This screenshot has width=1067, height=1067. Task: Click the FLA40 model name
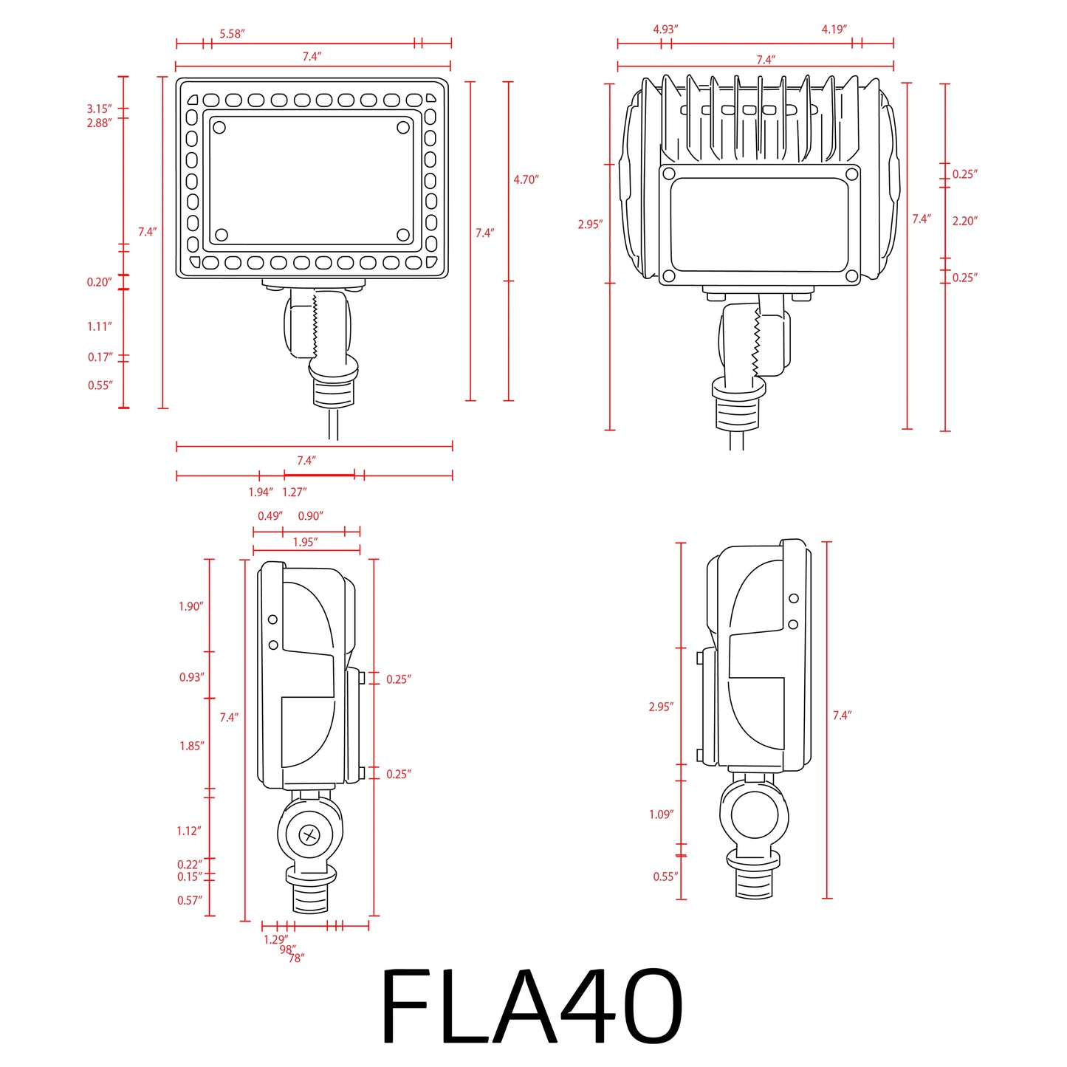click(x=531, y=1006)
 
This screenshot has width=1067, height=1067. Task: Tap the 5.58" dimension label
click(x=232, y=34)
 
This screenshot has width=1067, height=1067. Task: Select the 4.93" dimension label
click(x=665, y=30)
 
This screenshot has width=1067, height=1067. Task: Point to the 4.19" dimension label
click(x=834, y=30)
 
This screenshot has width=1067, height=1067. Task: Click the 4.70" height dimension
click(x=526, y=179)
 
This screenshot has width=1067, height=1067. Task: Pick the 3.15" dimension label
click(x=99, y=109)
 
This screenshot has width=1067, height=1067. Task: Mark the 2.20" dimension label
click(x=964, y=221)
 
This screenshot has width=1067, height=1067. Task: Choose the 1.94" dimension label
click(x=261, y=493)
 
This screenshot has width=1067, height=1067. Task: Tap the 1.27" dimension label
click(x=294, y=493)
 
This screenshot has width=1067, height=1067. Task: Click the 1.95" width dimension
click(x=305, y=542)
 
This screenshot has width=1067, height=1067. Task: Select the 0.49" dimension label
click(x=270, y=516)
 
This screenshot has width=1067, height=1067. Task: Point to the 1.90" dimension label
click(x=191, y=606)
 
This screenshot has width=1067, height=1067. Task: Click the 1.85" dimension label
click(x=191, y=746)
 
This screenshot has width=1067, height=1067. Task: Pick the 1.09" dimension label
click(x=661, y=814)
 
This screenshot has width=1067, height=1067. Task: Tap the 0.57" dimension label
click(x=189, y=900)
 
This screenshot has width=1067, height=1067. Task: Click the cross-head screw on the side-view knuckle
click(x=309, y=836)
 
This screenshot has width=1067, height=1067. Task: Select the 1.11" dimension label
click(x=99, y=326)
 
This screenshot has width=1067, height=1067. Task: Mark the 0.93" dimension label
click(x=191, y=677)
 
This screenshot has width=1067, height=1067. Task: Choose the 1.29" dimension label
click(x=275, y=939)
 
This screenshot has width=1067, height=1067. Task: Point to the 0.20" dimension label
click(x=99, y=282)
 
